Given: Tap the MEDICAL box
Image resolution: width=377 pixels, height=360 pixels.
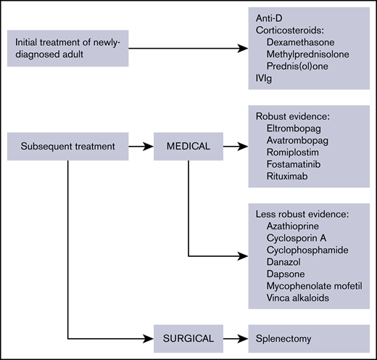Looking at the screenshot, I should pos(189,146).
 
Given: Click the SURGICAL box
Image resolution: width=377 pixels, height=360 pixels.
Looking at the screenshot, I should pos(188,337).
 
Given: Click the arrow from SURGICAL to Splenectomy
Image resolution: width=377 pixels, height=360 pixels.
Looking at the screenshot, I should pos(234,337).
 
